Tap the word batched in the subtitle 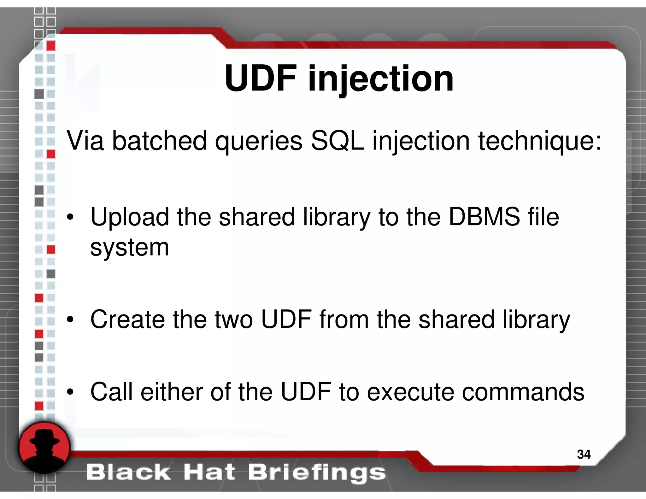160,141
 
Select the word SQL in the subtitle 337,141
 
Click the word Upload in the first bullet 130,217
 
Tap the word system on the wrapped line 130,248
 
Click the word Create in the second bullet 127,319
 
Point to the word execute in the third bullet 410,392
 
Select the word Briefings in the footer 317,473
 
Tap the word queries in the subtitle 259,141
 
